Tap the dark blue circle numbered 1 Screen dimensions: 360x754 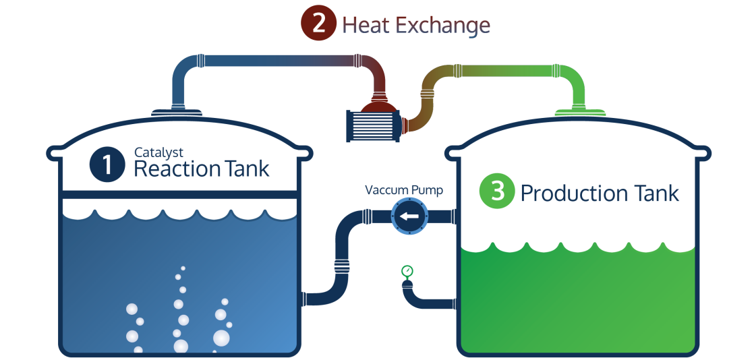107,164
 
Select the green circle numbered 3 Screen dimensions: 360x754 497,191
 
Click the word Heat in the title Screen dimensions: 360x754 366,25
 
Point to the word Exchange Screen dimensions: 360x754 442,25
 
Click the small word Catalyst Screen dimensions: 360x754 158,153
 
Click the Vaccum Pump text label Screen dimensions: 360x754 404,190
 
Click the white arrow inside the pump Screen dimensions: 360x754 410,217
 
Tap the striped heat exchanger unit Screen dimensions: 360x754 372,126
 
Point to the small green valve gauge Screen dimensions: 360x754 407,272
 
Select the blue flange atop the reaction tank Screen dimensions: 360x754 175,113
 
